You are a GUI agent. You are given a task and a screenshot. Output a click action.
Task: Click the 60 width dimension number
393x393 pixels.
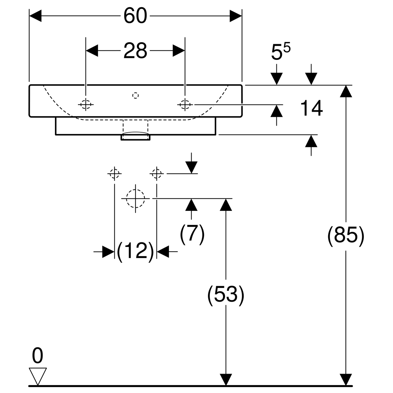(x=135, y=16)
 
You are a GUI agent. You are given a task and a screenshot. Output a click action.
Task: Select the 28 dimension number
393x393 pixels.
(x=135, y=50)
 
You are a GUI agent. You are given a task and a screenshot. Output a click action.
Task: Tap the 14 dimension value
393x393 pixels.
(x=311, y=108)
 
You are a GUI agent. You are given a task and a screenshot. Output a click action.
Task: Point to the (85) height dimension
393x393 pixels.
(x=346, y=236)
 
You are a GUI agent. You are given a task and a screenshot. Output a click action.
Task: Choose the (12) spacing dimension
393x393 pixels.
(x=135, y=252)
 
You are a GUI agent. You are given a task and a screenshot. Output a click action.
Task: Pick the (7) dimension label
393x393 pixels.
(x=192, y=234)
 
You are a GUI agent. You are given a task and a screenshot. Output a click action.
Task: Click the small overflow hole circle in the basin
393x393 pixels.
(x=135, y=95)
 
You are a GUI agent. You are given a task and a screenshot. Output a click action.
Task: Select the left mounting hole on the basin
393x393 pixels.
(x=86, y=104)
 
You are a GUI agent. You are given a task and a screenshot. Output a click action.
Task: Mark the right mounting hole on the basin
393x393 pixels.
(x=185, y=104)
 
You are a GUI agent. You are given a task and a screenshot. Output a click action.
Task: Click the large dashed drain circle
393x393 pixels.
(x=135, y=198)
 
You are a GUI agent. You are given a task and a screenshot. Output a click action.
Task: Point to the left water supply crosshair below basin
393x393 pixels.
(x=114, y=174)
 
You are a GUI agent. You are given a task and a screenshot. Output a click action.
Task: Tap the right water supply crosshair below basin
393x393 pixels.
(x=157, y=174)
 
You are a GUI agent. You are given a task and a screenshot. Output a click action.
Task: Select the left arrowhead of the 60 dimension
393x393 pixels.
(x=35, y=16)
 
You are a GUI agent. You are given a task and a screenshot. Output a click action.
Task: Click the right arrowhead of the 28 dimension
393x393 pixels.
(x=179, y=50)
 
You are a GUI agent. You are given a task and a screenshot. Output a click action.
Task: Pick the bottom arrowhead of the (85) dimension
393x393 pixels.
(x=346, y=380)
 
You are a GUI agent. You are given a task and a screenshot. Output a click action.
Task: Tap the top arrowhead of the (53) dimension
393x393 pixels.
(x=226, y=205)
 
